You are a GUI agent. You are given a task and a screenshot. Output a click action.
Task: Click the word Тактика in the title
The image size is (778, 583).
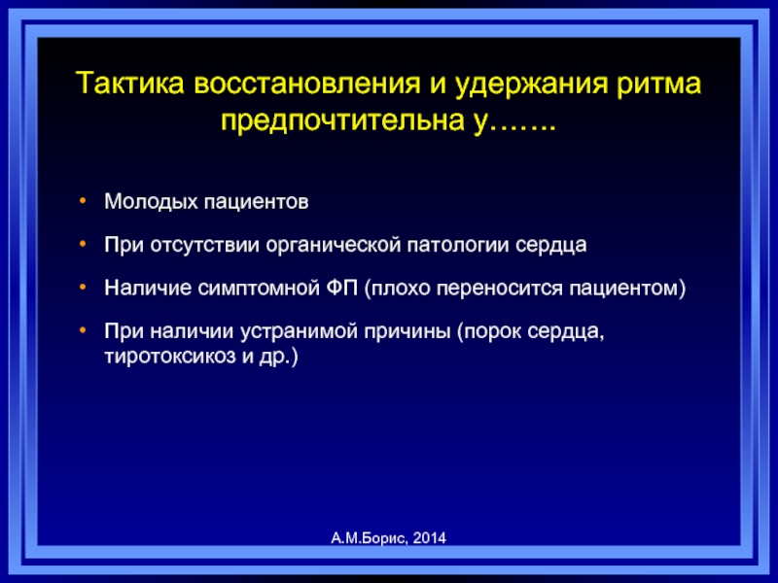point(130,83)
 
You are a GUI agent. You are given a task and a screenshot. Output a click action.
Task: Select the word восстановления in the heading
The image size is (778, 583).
point(307,83)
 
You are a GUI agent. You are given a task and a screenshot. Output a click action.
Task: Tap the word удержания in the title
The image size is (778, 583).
point(531,85)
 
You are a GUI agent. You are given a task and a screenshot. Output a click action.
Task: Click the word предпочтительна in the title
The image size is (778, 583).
point(343,120)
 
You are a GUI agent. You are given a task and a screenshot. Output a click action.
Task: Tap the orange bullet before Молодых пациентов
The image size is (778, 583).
point(83,201)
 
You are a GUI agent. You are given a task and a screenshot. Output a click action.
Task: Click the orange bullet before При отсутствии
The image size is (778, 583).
point(83,244)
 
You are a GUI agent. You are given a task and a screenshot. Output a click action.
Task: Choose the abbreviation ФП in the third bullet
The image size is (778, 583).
point(342,288)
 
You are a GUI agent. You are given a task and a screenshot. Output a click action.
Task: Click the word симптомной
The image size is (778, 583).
point(259,288)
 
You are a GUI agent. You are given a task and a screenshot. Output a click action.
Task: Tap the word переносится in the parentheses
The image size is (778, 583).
point(500,289)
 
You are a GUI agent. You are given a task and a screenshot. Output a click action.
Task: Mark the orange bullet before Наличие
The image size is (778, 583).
point(83,287)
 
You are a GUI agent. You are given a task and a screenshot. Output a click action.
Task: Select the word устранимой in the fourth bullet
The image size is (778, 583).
point(300,331)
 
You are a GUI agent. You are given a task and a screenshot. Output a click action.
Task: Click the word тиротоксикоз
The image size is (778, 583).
point(170,357)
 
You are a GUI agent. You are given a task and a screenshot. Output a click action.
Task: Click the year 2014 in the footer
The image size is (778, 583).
point(429,538)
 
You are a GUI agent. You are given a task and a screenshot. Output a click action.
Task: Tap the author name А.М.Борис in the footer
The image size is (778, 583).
point(369,538)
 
